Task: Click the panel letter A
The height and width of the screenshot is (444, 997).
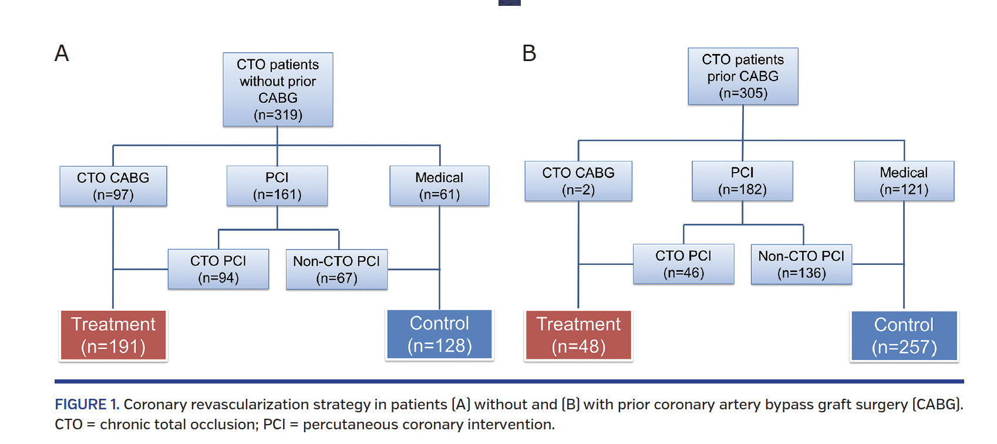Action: pos(62,53)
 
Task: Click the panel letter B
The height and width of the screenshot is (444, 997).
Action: pos(529,53)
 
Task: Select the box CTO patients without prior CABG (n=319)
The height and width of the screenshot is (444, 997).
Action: pos(278,89)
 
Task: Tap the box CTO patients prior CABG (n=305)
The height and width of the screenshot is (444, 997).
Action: pos(743,76)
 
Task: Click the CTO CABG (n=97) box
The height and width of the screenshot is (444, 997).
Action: pos(113,186)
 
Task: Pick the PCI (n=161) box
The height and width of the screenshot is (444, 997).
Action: pos(277,186)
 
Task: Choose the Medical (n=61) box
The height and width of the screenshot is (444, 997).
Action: pos(439,186)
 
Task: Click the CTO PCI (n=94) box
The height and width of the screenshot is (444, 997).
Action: pos(218,269)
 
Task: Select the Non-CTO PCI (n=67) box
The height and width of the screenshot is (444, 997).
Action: pos(336,270)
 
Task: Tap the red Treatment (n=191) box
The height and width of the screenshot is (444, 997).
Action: pos(113,335)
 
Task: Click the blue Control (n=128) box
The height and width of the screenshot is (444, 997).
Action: pos(439,335)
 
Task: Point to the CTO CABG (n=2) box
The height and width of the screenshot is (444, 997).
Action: pos(578,181)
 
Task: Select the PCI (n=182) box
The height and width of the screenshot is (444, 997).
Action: pos(742,181)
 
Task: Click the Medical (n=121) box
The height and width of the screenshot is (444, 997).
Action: pos(904,181)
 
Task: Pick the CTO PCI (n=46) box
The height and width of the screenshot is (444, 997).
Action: pos(683,264)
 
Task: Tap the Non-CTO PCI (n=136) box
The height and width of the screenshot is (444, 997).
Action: pos(801,264)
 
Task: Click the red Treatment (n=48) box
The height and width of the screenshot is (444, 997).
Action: pos(578,335)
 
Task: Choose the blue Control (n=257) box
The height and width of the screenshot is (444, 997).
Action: pos(904,336)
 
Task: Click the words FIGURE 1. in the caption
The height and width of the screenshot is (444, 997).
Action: pos(87,405)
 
